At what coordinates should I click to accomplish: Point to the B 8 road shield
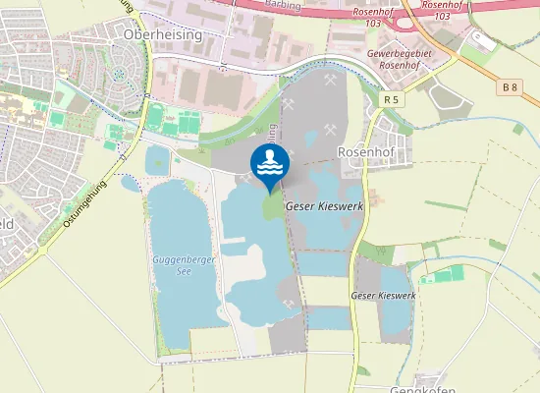tap(509, 87)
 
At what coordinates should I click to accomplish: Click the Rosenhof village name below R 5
tap(364, 152)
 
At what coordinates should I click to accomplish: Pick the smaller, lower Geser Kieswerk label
tap(384, 295)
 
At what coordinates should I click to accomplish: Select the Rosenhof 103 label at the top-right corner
tap(442, 10)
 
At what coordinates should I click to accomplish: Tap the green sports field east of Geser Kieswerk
tap(446, 276)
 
